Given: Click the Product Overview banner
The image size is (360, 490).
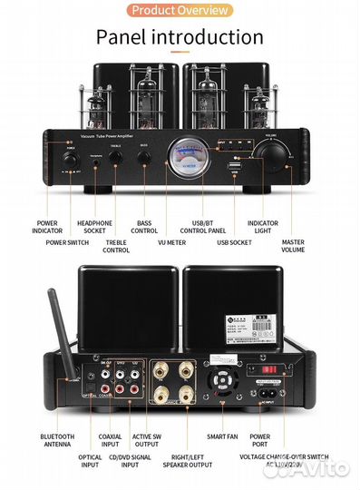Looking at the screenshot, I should (x=180, y=10).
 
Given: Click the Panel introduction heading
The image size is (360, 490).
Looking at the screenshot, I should (x=180, y=37).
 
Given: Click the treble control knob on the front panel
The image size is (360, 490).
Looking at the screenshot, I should (x=116, y=158).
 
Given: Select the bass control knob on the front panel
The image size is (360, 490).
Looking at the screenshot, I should (x=144, y=158).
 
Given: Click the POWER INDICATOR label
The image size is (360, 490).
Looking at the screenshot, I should (x=47, y=227).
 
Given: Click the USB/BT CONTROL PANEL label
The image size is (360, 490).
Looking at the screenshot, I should (x=209, y=227).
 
